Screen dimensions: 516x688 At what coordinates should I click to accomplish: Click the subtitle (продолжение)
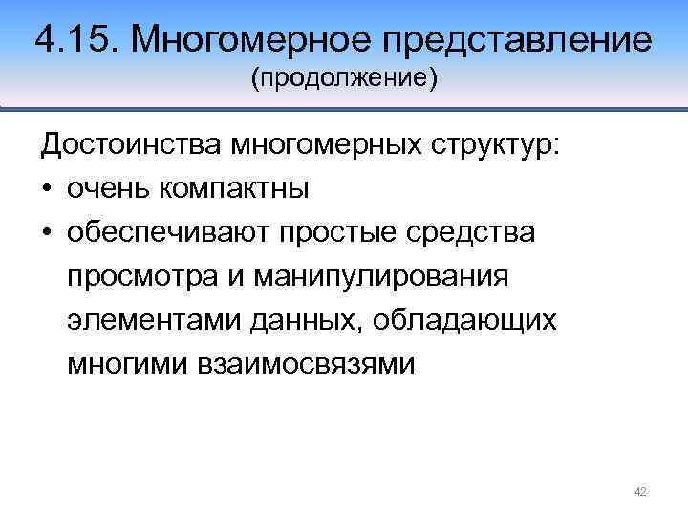click(x=343, y=78)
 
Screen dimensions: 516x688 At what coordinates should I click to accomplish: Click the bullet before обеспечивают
click(x=45, y=232)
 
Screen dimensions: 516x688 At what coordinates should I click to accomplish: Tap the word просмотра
click(x=138, y=276)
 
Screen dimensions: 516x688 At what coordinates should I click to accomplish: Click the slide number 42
click(x=640, y=491)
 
